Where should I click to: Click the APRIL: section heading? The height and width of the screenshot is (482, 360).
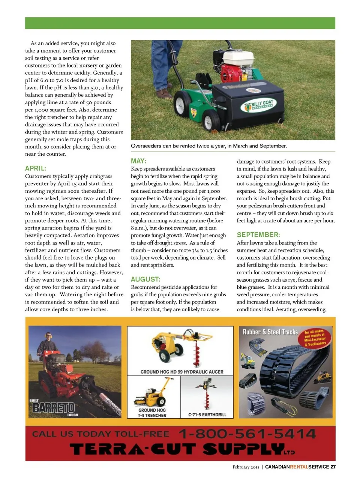tap(36, 168)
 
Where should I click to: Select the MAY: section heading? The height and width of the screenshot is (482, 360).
tap(138, 161)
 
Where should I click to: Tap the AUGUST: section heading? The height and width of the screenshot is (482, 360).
tap(145, 279)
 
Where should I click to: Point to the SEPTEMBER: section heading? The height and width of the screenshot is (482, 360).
tap(258, 235)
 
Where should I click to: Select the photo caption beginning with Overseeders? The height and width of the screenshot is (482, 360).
tap(208, 146)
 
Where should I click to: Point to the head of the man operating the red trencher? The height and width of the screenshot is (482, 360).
tap(48, 335)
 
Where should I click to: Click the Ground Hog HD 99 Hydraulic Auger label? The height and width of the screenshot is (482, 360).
tap(182, 372)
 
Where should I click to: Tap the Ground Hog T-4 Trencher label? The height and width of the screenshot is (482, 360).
tap(152, 413)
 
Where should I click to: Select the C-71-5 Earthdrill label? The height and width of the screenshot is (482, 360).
tap(207, 414)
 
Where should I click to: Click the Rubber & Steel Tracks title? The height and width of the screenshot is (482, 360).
tap(270, 332)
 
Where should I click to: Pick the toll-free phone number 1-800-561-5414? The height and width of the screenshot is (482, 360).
tap(247, 434)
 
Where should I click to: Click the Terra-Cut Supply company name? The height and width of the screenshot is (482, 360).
tap(182, 449)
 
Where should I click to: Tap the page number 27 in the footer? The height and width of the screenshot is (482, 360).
tap(333, 467)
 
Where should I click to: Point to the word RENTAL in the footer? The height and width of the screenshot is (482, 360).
tap(299, 467)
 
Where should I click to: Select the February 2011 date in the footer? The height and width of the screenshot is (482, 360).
tap(246, 467)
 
